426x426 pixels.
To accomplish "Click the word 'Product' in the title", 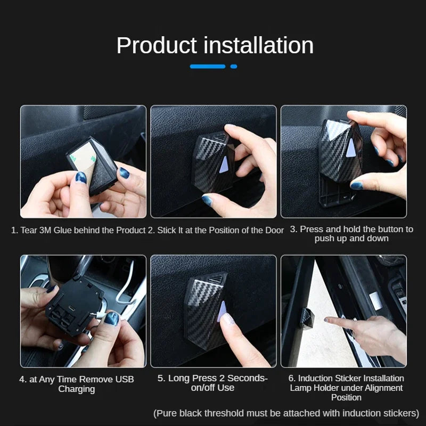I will [157, 45].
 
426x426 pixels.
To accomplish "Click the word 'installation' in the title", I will [258, 45].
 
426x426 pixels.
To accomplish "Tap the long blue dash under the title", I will [208, 67].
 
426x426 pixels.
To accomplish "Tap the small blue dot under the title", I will [234, 67].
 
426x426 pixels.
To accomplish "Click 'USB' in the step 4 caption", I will [124, 379].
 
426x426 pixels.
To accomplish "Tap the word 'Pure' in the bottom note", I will [168, 413].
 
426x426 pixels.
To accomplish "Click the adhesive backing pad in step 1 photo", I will [84, 154].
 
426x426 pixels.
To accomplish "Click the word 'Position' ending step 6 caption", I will [346, 398].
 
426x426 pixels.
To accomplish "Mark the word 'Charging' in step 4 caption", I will [77, 389].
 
